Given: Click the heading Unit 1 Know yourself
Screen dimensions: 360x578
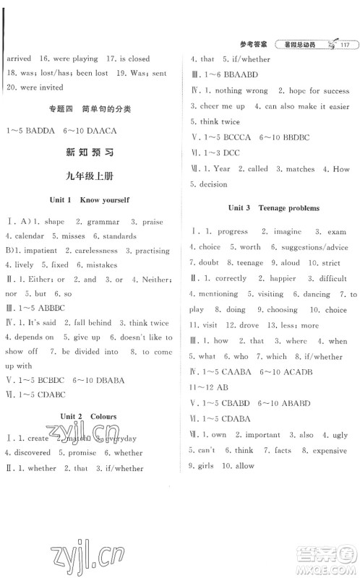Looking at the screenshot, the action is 89,199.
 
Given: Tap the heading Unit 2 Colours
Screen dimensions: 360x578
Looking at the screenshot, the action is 89,417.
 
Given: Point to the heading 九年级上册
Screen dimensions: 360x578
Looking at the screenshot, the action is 89,177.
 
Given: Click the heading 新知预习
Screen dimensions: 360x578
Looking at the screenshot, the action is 89,153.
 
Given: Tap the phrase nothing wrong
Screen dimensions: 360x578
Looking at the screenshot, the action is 240,91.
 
